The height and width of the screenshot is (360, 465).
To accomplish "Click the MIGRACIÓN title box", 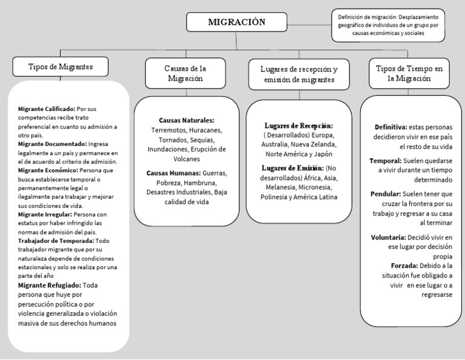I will point(237,22).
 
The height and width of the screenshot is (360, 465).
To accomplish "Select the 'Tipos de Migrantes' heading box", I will point(60,66).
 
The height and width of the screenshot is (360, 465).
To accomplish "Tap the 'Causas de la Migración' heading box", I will point(185,73).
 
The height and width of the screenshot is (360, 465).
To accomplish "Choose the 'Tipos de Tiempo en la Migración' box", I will point(409,73).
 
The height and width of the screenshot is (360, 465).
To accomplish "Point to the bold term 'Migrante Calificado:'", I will point(47,108).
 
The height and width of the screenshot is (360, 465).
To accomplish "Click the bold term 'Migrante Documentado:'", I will point(52,144).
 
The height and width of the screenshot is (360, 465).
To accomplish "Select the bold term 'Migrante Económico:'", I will point(48,171).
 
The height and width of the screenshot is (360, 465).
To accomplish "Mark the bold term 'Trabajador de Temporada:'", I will point(54,241).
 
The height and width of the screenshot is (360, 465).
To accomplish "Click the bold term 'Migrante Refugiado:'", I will point(48,285).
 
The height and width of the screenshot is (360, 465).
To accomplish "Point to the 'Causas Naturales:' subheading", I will point(186,121).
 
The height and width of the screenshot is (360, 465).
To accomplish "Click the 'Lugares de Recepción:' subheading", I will point(298,125).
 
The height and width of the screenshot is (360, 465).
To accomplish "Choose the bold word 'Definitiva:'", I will point(391,127).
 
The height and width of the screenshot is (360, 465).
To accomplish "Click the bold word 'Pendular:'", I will point(386,194).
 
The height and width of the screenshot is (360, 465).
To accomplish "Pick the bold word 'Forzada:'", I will point(404,265).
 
